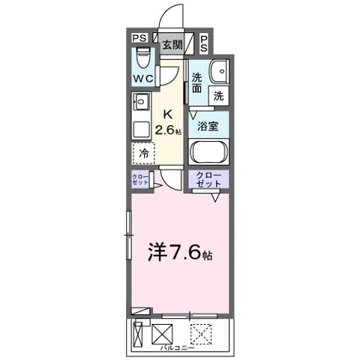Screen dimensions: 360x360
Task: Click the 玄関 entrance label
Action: (172, 44)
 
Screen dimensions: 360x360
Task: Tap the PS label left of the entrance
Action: (139, 39)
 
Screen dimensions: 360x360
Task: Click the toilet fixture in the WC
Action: (143, 58)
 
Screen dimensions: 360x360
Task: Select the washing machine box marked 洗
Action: (219, 95)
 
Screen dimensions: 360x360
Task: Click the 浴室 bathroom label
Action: (208, 126)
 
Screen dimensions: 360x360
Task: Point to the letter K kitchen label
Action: (169, 114)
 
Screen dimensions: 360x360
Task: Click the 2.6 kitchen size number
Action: (166, 130)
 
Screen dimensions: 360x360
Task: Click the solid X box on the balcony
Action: (162, 332)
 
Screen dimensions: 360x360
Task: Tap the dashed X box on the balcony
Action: (199, 331)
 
